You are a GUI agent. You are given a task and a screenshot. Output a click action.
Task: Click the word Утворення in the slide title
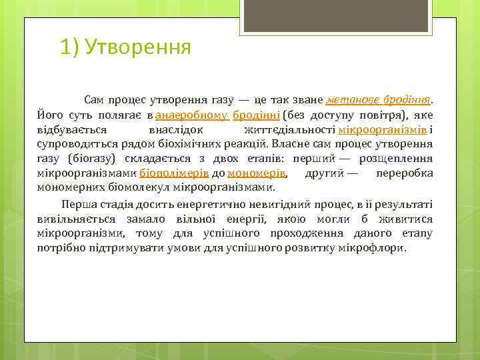(139, 48)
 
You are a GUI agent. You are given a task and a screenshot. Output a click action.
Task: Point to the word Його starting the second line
(50, 115)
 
